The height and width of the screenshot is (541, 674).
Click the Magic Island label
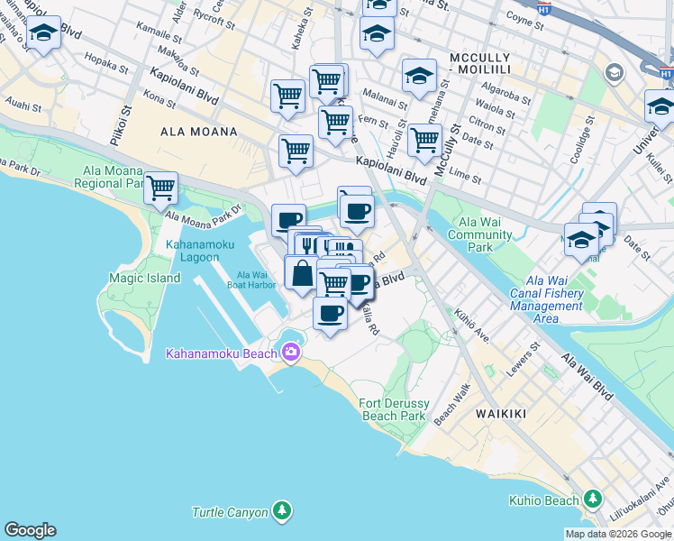click(145, 279)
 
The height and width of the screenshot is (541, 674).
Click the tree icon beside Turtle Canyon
click(283, 512)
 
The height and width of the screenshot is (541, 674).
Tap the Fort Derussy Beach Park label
click(393, 409)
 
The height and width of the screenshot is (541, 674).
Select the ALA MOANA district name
click(198, 132)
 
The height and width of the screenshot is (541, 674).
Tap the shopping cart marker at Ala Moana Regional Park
click(160, 188)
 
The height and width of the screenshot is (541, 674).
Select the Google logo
click(30, 530)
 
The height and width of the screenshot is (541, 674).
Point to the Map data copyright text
click(618, 534)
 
